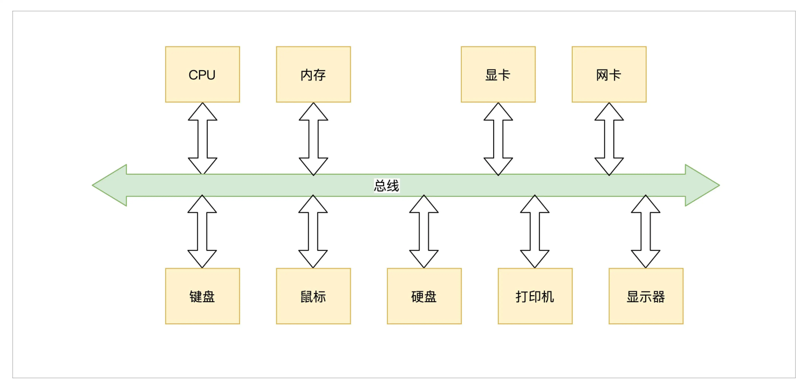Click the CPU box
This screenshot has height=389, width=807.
tap(202, 74)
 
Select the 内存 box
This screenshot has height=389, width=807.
tap(313, 74)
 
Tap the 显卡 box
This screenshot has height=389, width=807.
tap(498, 74)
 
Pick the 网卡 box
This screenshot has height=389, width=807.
tap(609, 74)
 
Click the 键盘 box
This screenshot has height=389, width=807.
tap(202, 296)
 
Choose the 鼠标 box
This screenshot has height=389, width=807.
tap(313, 296)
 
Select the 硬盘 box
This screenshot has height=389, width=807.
tap(424, 296)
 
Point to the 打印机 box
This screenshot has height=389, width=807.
tap(535, 296)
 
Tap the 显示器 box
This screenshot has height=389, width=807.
tap(646, 296)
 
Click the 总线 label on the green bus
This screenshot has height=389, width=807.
tap(386, 186)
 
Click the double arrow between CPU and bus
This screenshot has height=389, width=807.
tap(202, 139)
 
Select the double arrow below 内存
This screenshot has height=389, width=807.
tap(313, 139)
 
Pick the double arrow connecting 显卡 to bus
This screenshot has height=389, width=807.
tap(498, 139)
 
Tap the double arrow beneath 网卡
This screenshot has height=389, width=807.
tap(609, 139)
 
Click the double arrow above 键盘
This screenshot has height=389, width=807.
tap(202, 231)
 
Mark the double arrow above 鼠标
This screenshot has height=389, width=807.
tap(313, 231)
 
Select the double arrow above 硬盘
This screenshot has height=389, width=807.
tap(424, 231)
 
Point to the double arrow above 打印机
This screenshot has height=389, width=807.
tap(535, 231)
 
